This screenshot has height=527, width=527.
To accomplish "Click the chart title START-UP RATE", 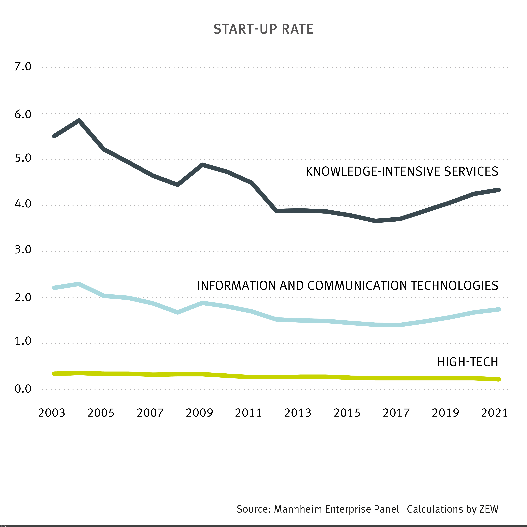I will coord(263,29).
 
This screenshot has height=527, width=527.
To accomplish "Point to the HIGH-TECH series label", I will coord(468,362).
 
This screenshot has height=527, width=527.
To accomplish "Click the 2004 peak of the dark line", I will coord(79,121).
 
